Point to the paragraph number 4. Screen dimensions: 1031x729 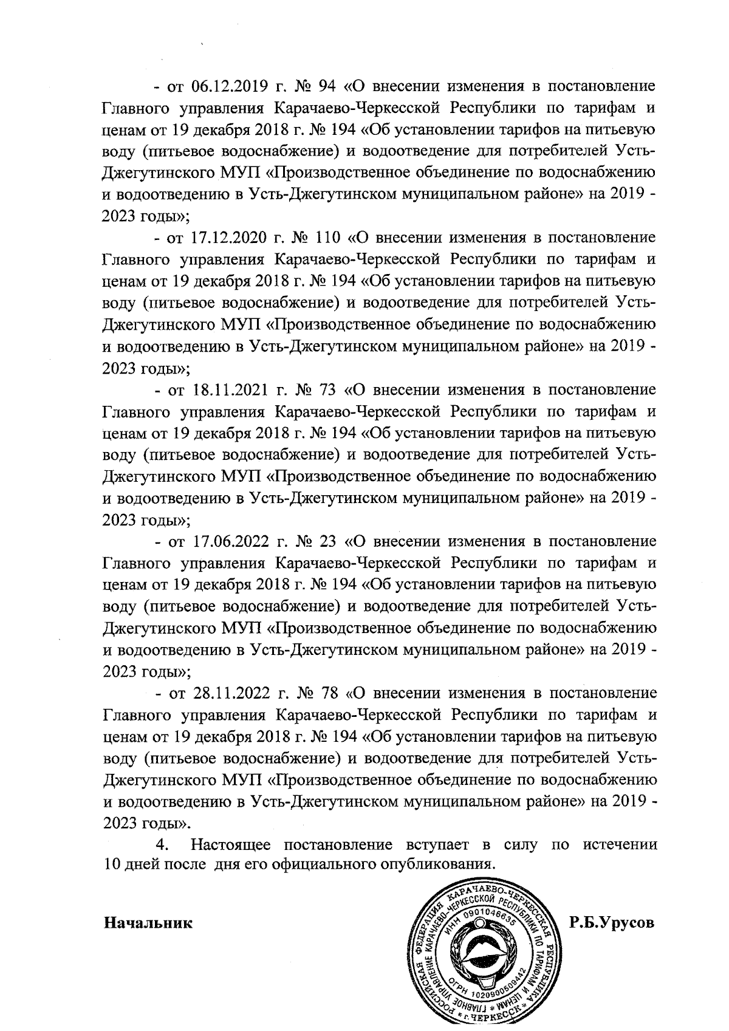[162, 844]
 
